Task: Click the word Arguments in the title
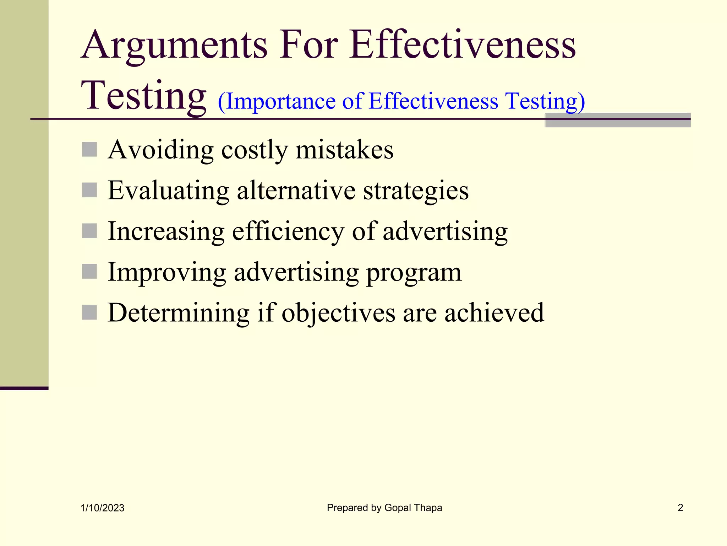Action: tap(174, 45)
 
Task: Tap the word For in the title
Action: tap(308, 45)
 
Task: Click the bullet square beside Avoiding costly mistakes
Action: tap(89, 149)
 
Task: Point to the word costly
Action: tap(254, 150)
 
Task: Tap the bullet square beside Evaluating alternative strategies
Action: tap(89, 190)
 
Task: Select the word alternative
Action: tap(296, 191)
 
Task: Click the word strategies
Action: tap(416, 191)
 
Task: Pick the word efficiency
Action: tap(288, 231)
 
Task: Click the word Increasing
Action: tap(166, 231)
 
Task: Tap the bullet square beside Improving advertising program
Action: tap(89, 272)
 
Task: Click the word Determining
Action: tap(179, 313)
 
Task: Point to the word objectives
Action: tap(338, 314)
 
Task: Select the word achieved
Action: tap(494, 313)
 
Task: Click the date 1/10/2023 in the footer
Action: tap(102, 508)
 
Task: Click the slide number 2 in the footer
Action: tap(680, 508)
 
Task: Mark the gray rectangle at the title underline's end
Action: tap(617, 120)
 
